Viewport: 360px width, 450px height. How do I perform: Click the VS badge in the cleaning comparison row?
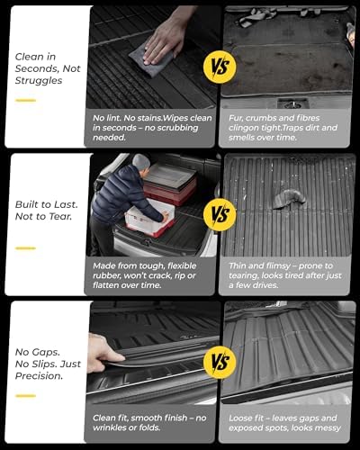pos(219,68)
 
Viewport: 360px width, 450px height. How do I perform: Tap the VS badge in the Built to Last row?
pos(219,215)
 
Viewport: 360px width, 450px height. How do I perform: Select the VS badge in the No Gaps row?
pos(219,364)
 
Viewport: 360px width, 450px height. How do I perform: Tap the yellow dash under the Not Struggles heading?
pos(25,100)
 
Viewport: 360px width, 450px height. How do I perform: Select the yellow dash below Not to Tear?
pos(25,247)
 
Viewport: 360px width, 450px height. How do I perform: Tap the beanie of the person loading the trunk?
pos(140,161)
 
